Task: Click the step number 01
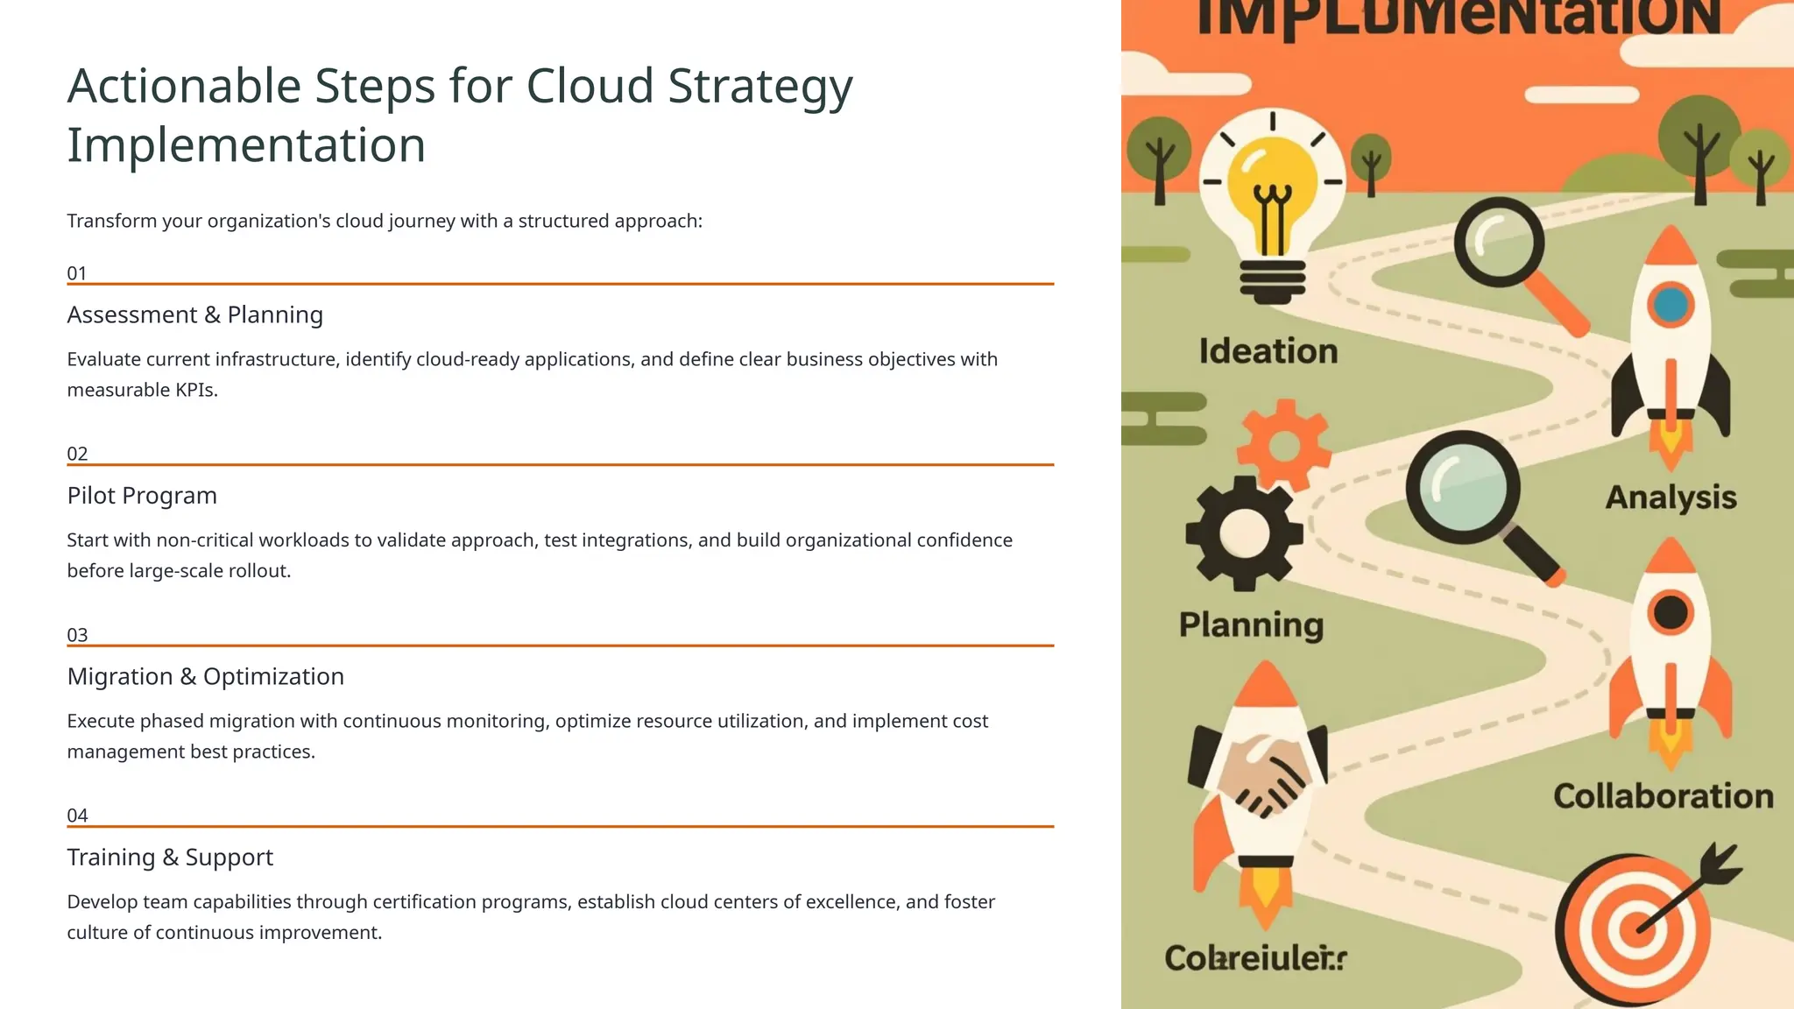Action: (77, 273)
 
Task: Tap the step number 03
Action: (77, 635)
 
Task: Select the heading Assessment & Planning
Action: (194, 314)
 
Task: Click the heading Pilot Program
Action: (142, 496)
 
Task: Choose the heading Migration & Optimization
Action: (205, 676)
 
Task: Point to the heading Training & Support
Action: (170, 857)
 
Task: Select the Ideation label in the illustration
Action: (1268, 352)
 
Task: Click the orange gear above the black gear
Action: (1284, 445)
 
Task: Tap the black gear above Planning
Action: (1244, 533)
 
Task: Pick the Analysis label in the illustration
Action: (1670, 497)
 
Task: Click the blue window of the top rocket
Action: (1670, 305)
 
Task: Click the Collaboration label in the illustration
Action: (1663, 796)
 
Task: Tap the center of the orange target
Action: (1635, 928)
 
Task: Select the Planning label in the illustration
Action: (1251, 625)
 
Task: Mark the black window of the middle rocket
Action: (1670, 612)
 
